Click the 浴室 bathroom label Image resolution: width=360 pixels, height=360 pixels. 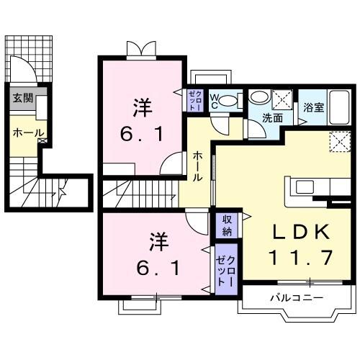click(312, 109)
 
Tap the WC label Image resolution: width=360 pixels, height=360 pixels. click(214, 101)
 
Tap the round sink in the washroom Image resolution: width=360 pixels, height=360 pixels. click(259, 99)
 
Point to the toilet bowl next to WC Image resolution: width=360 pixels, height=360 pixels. click(228, 102)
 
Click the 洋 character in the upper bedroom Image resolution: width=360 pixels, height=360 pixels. click(141, 108)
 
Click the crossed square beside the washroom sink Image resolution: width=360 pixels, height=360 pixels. click(282, 97)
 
